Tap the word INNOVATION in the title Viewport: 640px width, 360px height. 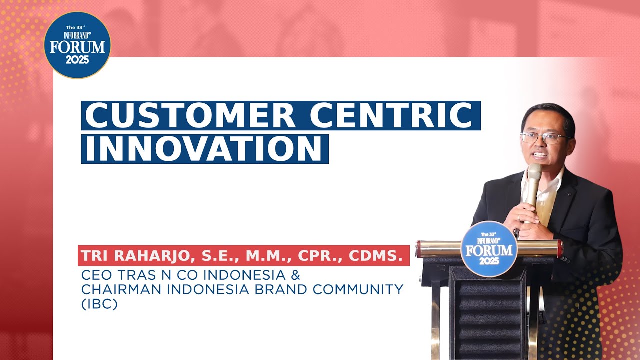203,149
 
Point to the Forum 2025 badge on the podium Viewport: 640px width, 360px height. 489,249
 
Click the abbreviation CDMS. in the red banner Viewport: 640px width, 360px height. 376,256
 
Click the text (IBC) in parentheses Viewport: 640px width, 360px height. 99,304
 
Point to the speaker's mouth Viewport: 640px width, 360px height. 540,155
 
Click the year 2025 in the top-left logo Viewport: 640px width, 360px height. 77,60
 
